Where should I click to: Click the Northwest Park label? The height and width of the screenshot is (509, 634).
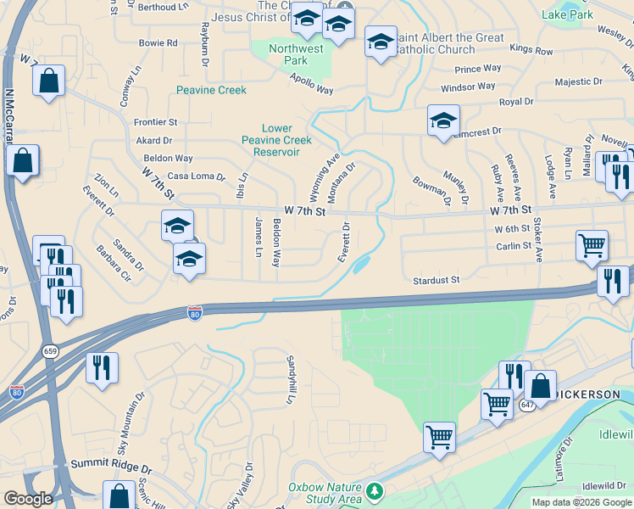click(296, 55)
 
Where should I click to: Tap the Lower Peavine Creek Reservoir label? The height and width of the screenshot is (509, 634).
click(276, 140)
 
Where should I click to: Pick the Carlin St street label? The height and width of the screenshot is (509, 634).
click(514, 246)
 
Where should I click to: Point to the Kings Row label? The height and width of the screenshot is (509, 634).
click(531, 52)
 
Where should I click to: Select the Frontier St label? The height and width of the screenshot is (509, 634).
click(156, 123)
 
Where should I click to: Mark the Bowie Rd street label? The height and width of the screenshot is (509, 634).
click(158, 42)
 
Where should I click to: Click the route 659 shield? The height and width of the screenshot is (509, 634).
click(51, 350)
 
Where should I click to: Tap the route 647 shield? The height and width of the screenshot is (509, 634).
click(526, 405)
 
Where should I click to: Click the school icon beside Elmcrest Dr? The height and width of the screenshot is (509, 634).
click(443, 120)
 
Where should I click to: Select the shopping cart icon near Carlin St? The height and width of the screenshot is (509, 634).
click(592, 245)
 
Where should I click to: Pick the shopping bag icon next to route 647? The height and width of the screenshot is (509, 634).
click(540, 385)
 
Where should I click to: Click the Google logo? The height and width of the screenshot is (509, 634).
click(29, 499)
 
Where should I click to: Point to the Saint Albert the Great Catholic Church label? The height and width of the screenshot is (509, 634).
click(450, 43)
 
